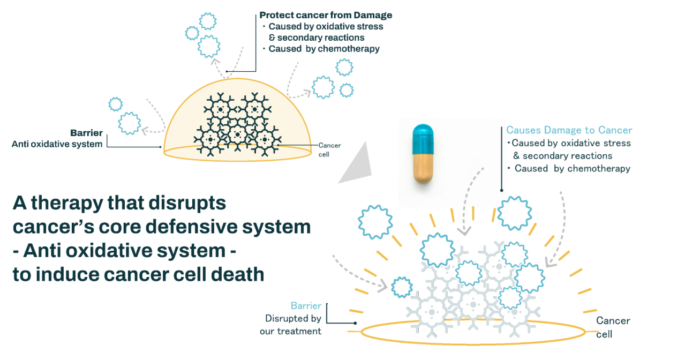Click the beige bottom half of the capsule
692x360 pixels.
point(423,169)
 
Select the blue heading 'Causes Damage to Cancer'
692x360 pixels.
point(569,130)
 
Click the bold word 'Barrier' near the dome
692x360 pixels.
point(86,133)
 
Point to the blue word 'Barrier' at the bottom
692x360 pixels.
point(306,306)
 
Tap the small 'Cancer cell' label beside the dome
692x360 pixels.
point(329,149)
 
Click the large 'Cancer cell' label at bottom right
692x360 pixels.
point(613,327)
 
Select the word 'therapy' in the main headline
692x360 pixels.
point(93,204)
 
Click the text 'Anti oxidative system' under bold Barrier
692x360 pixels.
point(57,144)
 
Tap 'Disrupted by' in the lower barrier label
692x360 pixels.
point(293,319)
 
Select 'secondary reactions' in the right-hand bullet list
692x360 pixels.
point(567,156)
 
